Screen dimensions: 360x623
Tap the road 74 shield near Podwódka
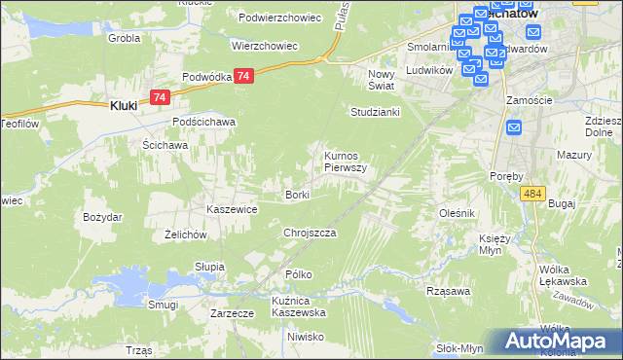tap(244, 76)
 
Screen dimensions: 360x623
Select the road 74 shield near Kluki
tap(162, 96)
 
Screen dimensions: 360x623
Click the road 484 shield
tap(531, 195)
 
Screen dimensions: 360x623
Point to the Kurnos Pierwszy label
tap(345, 162)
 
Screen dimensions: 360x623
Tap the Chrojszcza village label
tap(310, 234)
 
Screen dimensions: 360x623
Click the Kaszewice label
tap(232, 209)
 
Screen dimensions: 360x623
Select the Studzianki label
tap(376, 112)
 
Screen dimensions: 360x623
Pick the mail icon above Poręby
tap(515, 127)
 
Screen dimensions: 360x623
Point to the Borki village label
tap(297, 196)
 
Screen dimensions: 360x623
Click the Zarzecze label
tap(233, 313)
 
